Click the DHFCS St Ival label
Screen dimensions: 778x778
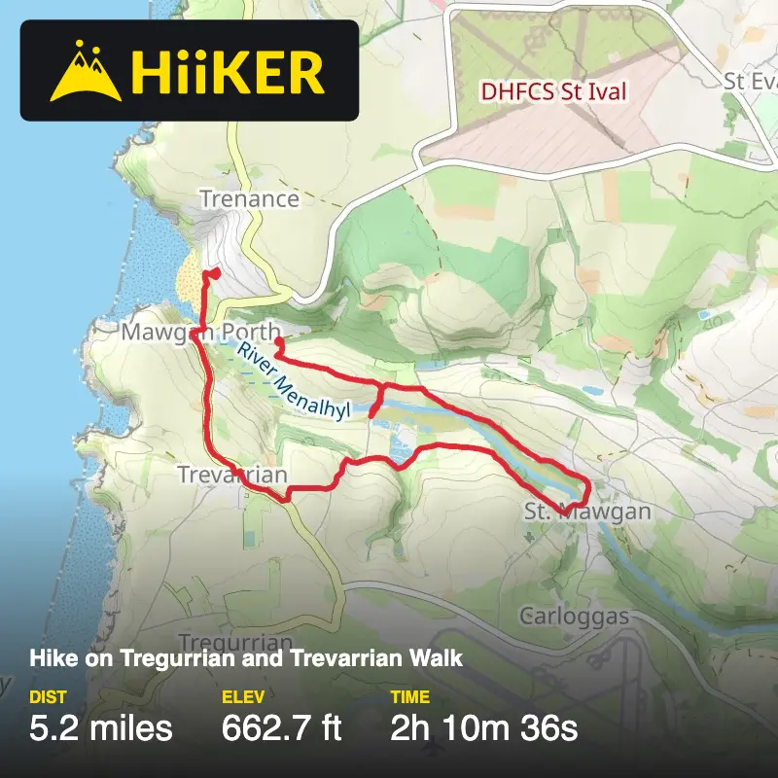(x=554, y=93)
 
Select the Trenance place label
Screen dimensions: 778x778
(x=249, y=199)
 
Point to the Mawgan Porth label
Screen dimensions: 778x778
(x=201, y=333)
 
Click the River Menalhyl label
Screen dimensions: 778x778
(x=292, y=381)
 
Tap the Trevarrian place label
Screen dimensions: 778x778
(x=232, y=475)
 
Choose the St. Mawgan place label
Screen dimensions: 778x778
(x=586, y=512)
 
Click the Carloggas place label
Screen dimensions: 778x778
(x=575, y=617)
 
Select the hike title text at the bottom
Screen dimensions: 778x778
(x=246, y=658)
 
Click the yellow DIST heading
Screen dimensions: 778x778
(x=48, y=697)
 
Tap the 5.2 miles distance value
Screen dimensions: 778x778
(x=101, y=727)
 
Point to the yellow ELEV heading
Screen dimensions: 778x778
(x=243, y=697)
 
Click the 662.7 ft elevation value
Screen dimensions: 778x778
(x=282, y=727)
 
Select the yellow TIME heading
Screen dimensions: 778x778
(x=410, y=697)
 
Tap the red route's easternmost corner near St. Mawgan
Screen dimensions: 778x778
(x=588, y=483)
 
